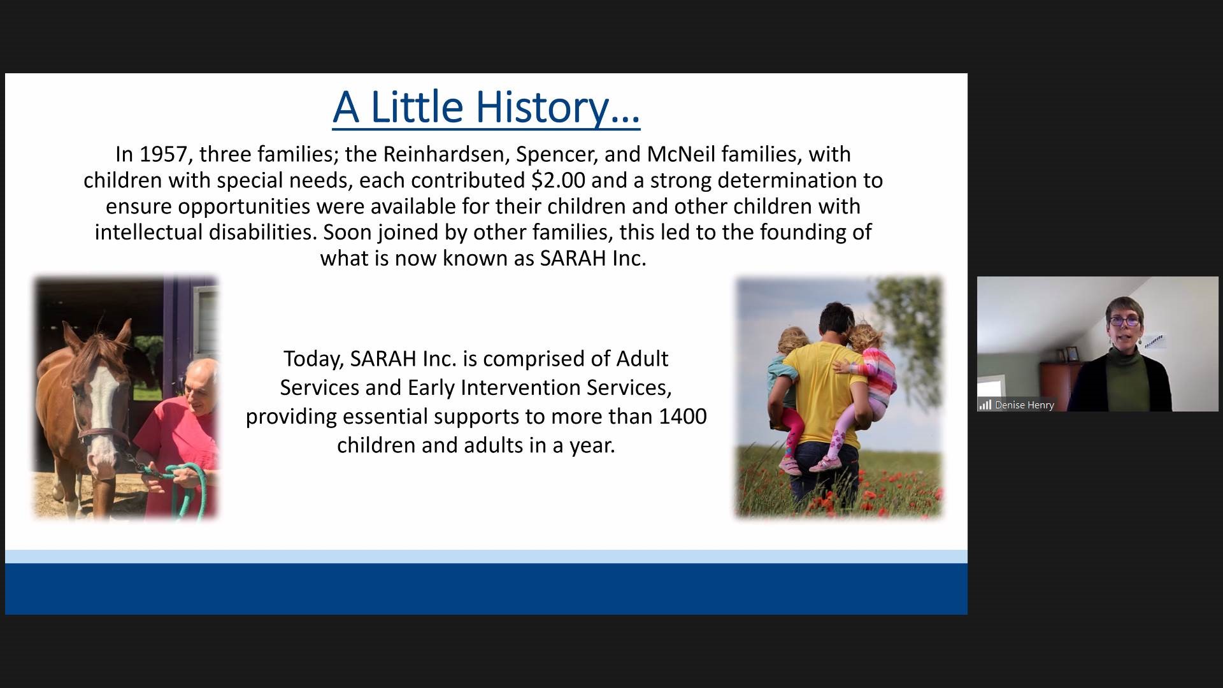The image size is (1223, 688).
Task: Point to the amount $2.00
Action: pyautogui.click(x=558, y=180)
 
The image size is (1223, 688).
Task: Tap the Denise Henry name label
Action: pyautogui.click(x=1024, y=405)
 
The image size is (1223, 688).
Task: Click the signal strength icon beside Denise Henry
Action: pyautogui.click(x=985, y=405)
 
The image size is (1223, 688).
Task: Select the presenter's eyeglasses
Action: pyautogui.click(x=1124, y=320)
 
